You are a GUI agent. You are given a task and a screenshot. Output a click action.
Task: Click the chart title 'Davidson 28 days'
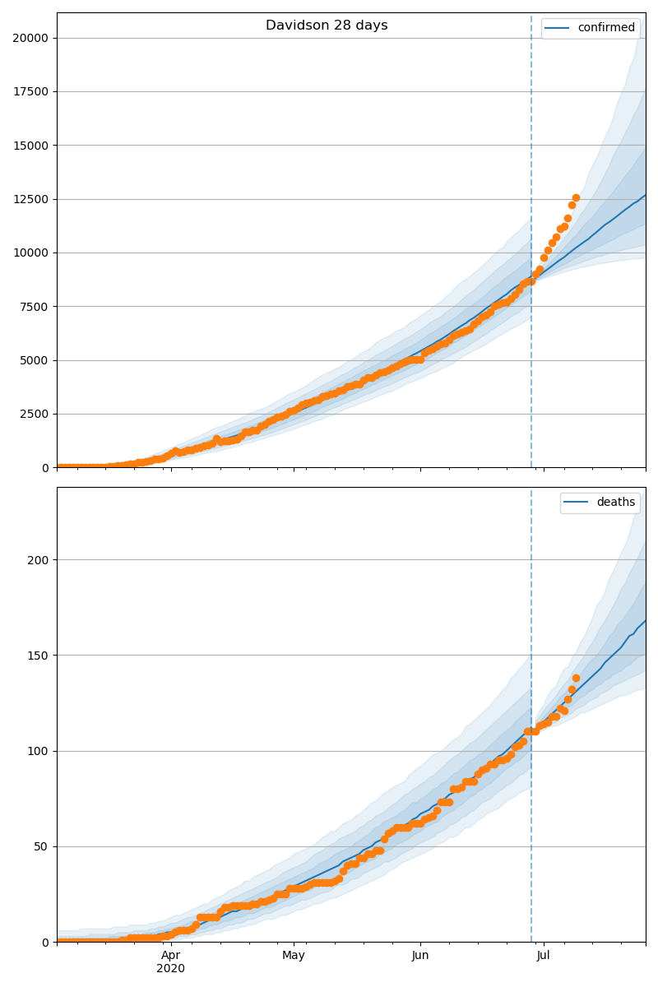[x=327, y=25]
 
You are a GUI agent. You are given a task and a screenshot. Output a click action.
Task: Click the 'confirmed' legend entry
[x=606, y=28]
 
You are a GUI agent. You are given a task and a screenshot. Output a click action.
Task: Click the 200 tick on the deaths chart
[x=39, y=560]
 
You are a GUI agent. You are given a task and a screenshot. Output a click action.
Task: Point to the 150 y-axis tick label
[x=39, y=656]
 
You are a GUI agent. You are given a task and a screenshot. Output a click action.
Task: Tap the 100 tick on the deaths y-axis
[x=39, y=751]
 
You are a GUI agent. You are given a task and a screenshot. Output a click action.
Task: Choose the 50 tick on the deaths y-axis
[x=43, y=846]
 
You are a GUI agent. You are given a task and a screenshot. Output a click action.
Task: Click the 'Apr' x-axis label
[x=170, y=956]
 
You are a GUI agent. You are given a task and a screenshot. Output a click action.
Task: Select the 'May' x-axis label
[x=294, y=956]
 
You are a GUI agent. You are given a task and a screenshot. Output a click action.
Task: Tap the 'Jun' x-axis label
[x=420, y=956]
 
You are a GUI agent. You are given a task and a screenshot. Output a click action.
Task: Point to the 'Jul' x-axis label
[x=543, y=956]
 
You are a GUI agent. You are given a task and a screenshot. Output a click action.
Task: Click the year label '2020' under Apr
[x=170, y=969]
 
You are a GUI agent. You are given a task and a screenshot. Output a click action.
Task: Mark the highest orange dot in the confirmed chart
[x=576, y=197]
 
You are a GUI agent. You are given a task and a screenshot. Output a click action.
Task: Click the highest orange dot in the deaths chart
[x=576, y=678]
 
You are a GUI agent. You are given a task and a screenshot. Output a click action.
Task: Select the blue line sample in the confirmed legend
[x=559, y=28]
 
